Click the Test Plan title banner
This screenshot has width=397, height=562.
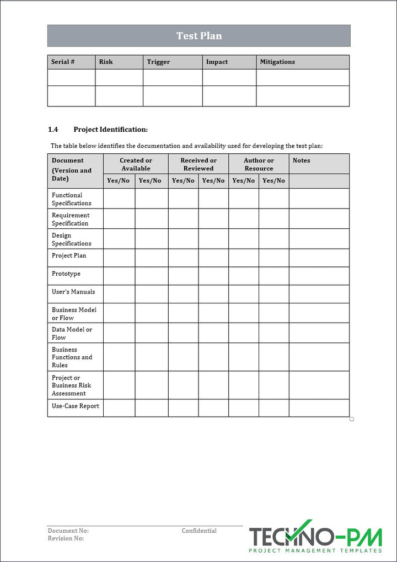click(199, 36)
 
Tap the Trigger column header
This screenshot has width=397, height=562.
click(158, 62)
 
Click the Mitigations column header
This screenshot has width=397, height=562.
click(277, 62)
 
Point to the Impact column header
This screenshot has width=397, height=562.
click(217, 62)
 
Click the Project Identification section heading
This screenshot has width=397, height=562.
click(110, 130)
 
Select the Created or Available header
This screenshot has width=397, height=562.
click(136, 164)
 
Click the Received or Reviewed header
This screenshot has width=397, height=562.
click(198, 164)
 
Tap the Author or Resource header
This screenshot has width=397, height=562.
click(259, 164)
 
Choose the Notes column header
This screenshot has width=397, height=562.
click(301, 160)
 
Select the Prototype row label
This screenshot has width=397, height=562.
click(66, 274)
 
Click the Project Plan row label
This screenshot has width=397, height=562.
click(69, 256)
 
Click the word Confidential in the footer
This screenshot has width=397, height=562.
click(199, 531)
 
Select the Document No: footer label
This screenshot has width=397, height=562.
click(68, 531)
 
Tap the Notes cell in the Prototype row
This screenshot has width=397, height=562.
click(319, 276)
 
